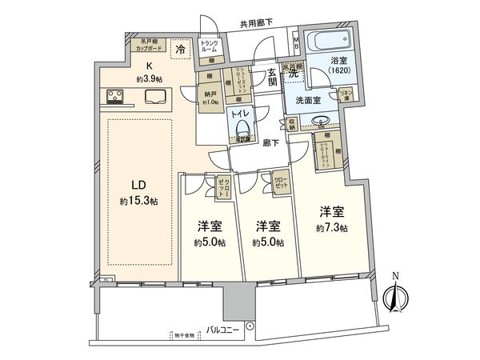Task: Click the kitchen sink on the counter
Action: (x=154, y=98)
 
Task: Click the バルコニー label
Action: (x=224, y=329)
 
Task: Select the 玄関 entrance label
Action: (x=273, y=77)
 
